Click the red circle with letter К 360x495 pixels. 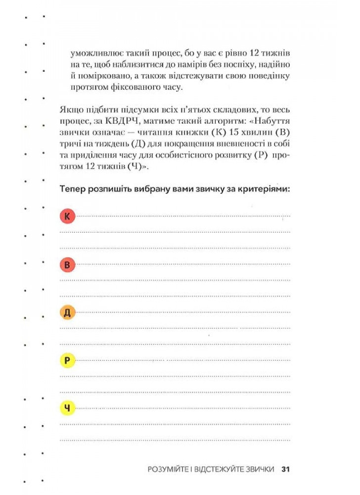(x=67, y=216)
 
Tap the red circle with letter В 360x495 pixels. (x=67, y=265)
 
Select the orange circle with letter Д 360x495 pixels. (x=67, y=312)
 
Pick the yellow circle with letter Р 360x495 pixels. (x=67, y=360)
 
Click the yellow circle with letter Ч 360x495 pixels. (x=67, y=408)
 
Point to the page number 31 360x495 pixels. (x=285, y=469)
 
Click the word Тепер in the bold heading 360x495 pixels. (x=72, y=189)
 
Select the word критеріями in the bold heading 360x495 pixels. (x=266, y=189)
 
